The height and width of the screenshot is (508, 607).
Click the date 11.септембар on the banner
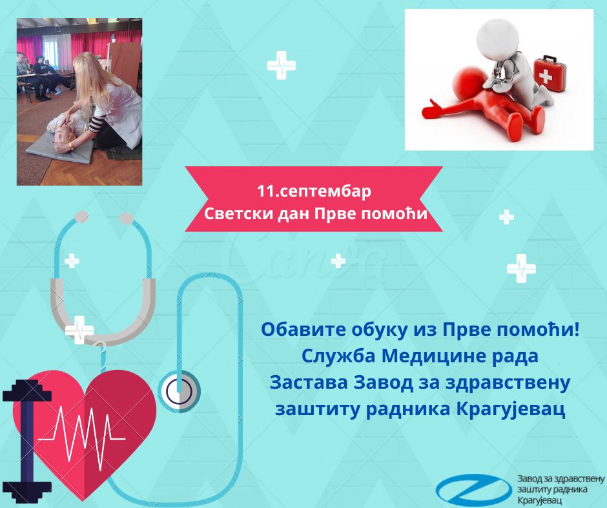(x=314, y=191)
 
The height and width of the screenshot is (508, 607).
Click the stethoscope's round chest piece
(x=180, y=391)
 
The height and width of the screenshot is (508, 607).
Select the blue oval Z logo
(x=474, y=489)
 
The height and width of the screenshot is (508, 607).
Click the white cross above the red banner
(x=282, y=65)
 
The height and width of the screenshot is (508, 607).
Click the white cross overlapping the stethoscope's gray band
(x=79, y=330)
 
